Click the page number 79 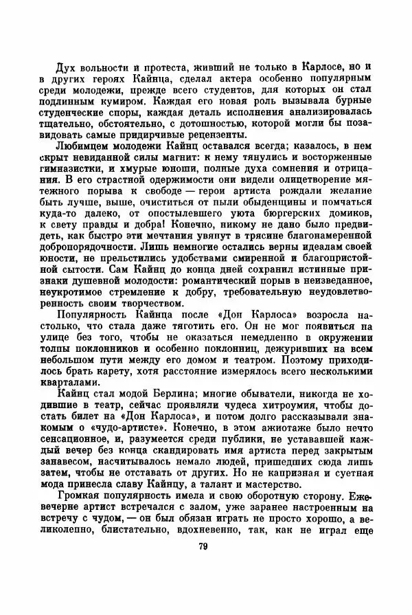coord(203,546)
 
